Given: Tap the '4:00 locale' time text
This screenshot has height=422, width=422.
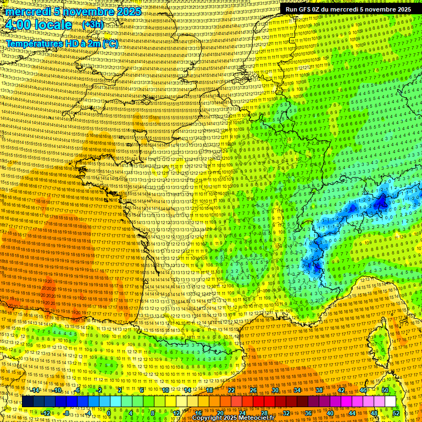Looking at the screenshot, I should pos(38,25).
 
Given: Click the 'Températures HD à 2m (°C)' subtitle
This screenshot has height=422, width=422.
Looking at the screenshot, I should pos(62,43).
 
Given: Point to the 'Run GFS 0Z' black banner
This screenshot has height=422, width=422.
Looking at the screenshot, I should pos(348,9).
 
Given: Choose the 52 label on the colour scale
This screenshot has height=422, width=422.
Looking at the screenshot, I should pos(396,413).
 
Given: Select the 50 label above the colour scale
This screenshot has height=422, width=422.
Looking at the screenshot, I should pos(385,390).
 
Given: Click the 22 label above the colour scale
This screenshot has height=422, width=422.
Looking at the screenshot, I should pos(231,390).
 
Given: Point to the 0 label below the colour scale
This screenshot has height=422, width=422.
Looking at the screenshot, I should pos(110,413).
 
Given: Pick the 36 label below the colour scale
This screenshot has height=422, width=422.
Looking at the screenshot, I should pos(308,413).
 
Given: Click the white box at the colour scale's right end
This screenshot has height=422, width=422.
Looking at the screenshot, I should pos(390,401).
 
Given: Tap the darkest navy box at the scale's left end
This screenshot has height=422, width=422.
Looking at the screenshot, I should pos(27,401).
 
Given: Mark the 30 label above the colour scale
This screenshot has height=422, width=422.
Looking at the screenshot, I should pos(275,390).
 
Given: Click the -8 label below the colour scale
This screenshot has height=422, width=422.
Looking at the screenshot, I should pos(66,413).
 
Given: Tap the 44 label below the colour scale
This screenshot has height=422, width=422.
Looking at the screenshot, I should pos(352,413).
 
